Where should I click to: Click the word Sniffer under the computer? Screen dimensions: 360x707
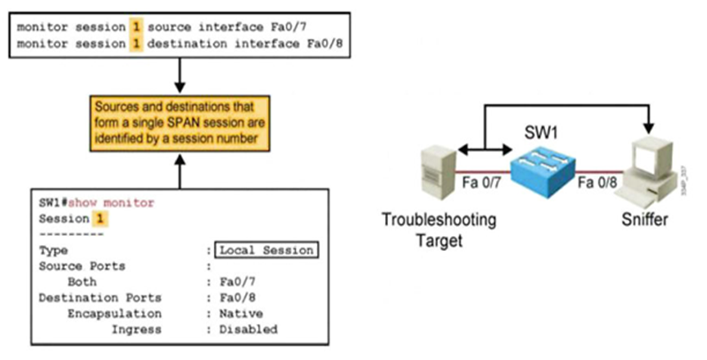tap(644, 221)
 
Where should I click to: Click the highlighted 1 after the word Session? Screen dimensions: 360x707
tap(98, 219)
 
